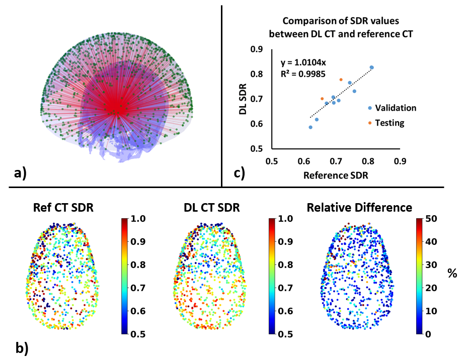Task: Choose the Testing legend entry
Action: click(390, 123)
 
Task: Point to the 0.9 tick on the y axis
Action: click(258, 49)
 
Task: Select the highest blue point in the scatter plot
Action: click(371, 67)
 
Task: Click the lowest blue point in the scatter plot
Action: click(310, 127)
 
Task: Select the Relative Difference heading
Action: click(360, 208)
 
